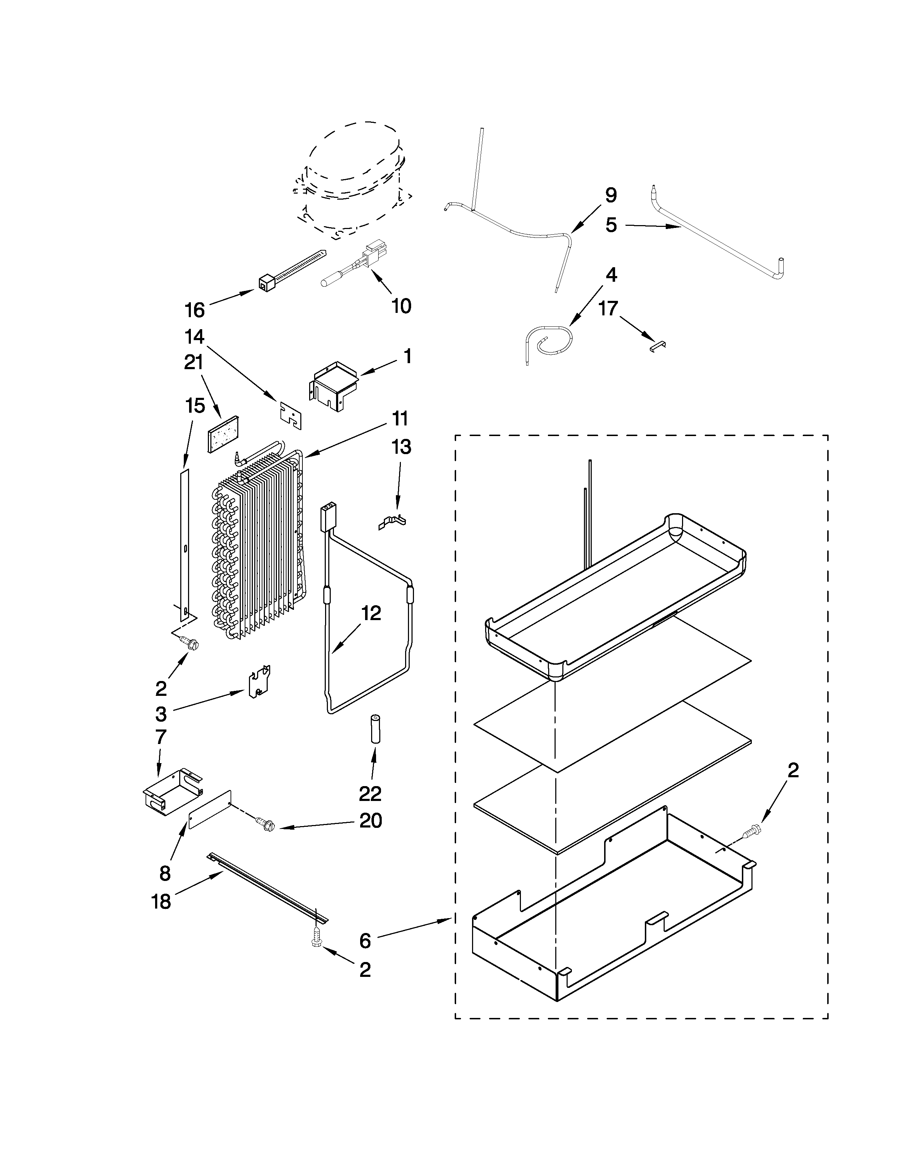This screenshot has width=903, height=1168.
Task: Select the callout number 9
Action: pos(611,196)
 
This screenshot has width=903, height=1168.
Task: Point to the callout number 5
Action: pos(611,225)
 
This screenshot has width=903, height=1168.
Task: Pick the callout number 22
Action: pos(370,794)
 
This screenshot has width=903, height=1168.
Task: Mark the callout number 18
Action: pos(161,902)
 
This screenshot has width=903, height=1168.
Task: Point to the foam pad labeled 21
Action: pos(223,435)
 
